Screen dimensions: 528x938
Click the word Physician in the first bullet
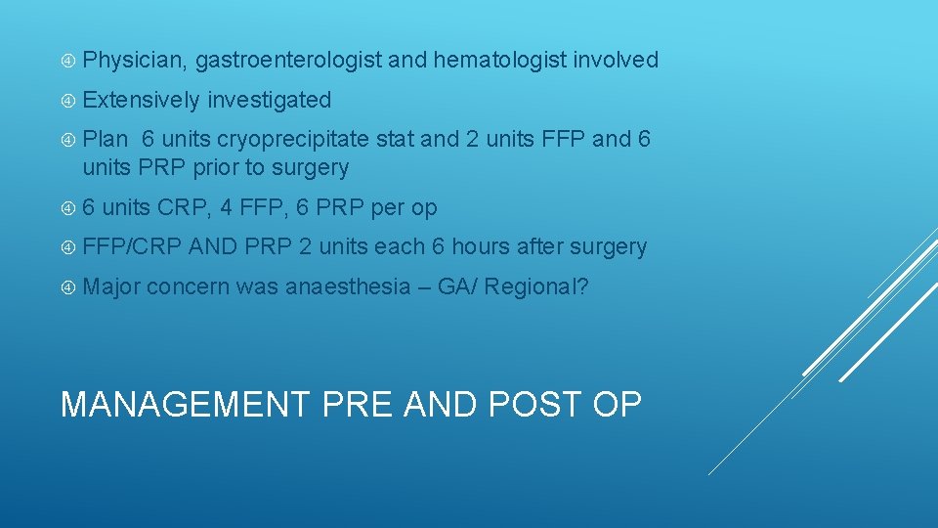click(x=134, y=61)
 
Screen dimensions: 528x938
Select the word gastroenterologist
click(x=288, y=61)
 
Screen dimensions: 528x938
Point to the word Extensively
click(x=141, y=100)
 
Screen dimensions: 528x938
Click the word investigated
click(x=270, y=100)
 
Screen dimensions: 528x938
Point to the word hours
click(x=482, y=247)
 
